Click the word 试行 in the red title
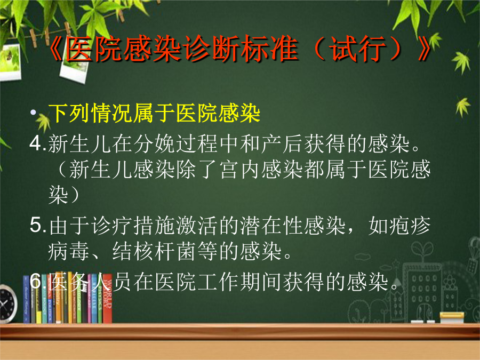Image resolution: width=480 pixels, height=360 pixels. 359,49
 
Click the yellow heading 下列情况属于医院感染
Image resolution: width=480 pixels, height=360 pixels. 154,113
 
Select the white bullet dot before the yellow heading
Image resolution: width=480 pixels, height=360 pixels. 33,112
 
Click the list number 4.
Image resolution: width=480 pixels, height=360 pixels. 36,143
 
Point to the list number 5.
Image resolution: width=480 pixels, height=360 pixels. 36,225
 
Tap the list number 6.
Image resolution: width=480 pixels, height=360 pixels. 36,281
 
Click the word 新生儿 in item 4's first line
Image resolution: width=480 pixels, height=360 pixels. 80,143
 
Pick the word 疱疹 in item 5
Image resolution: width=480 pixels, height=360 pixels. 399,226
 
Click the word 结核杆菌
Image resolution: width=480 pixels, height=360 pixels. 154,251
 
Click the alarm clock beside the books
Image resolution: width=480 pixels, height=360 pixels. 7,303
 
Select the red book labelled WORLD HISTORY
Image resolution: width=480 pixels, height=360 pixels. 107,299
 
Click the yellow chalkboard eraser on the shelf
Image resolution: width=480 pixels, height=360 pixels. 452,317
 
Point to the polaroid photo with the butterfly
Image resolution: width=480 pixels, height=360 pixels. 10,62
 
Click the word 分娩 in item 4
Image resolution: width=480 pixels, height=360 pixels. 154,143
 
